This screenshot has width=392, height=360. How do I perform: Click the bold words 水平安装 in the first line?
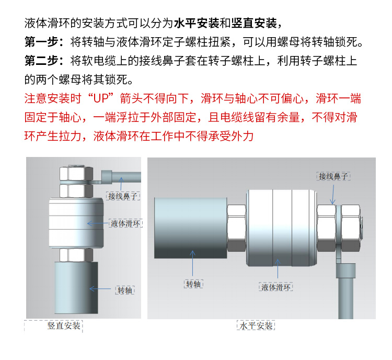click(x=197, y=23)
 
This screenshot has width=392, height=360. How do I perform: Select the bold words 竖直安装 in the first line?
click(x=254, y=23)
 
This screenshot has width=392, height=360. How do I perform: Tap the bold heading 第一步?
click(x=41, y=42)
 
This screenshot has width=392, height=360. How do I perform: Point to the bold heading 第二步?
click(x=41, y=61)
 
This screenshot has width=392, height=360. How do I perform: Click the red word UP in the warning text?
click(x=101, y=98)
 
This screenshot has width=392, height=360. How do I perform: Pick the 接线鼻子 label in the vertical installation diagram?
click(x=123, y=196)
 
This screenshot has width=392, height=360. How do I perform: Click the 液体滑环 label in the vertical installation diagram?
click(x=125, y=223)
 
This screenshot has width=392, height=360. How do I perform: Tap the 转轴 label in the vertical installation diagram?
click(x=125, y=290)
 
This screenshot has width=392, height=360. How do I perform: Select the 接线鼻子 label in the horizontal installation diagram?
click(x=333, y=176)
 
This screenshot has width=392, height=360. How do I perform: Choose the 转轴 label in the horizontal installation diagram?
click(x=193, y=284)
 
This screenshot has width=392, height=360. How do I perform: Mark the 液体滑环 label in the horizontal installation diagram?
click(x=276, y=287)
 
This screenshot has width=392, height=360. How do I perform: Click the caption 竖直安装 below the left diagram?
click(x=64, y=325)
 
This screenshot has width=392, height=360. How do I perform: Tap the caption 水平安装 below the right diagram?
click(x=256, y=325)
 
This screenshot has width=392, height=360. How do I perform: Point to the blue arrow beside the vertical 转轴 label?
click(x=100, y=289)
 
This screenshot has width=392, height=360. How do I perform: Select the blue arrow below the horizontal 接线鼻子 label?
click(x=333, y=195)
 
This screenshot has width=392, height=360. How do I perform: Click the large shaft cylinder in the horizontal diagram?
click(x=191, y=228)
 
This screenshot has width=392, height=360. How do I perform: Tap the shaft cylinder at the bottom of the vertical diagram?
click(x=76, y=288)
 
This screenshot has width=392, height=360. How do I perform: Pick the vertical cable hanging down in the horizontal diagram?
click(x=346, y=298)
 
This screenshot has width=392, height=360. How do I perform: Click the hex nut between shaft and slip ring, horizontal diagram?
click(x=237, y=228)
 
